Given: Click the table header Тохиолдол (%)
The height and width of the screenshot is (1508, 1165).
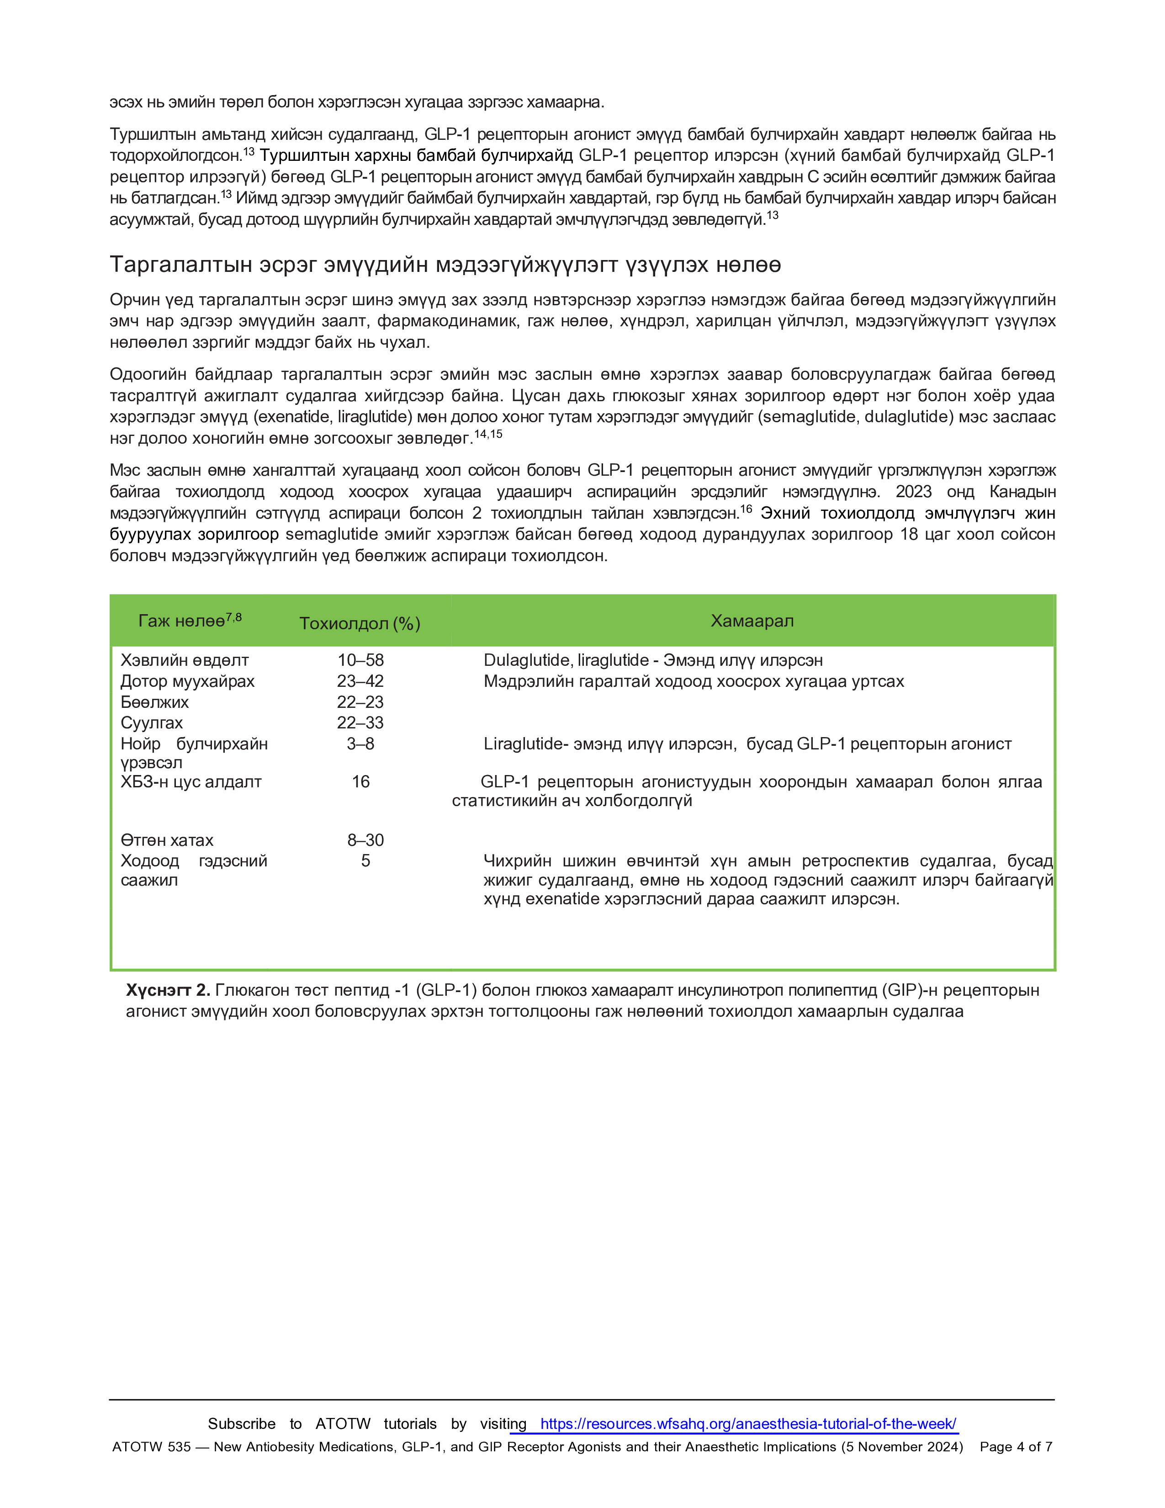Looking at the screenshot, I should pyautogui.click(x=360, y=623).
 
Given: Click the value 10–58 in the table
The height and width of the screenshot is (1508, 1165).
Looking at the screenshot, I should pyautogui.click(x=360, y=660).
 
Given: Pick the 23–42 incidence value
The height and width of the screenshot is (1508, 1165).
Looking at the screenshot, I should pyautogui.click(x=360, y=681).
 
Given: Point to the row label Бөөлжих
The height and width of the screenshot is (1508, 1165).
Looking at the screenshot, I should pyautogui.click(x=154, y=702).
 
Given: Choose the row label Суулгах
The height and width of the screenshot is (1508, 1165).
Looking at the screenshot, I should pyautogui.click(x=152, y=723).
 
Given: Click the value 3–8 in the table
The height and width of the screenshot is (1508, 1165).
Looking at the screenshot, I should pyautogui.click(x=360, y=743).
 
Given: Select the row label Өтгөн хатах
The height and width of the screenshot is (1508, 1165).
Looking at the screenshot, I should pyautogui.click(x=167, y=840).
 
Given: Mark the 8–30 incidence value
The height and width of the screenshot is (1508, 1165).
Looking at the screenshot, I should pyautogui.click(x=365, y=840).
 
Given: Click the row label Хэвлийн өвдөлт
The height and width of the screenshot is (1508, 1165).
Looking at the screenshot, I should pyautogui.click(x=184, y=660).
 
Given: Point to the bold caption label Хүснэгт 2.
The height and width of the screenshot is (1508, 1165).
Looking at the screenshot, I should pyautogui.click(x=168, y=990).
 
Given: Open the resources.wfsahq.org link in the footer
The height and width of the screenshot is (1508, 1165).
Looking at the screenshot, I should pyautogui.click(x=748, y=1424).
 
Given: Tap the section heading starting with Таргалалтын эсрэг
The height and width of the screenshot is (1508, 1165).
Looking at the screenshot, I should pyautogui.click(x=445, y=265).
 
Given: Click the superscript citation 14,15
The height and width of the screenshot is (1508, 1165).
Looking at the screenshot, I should pyautogui.click(x=488, y=434).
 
